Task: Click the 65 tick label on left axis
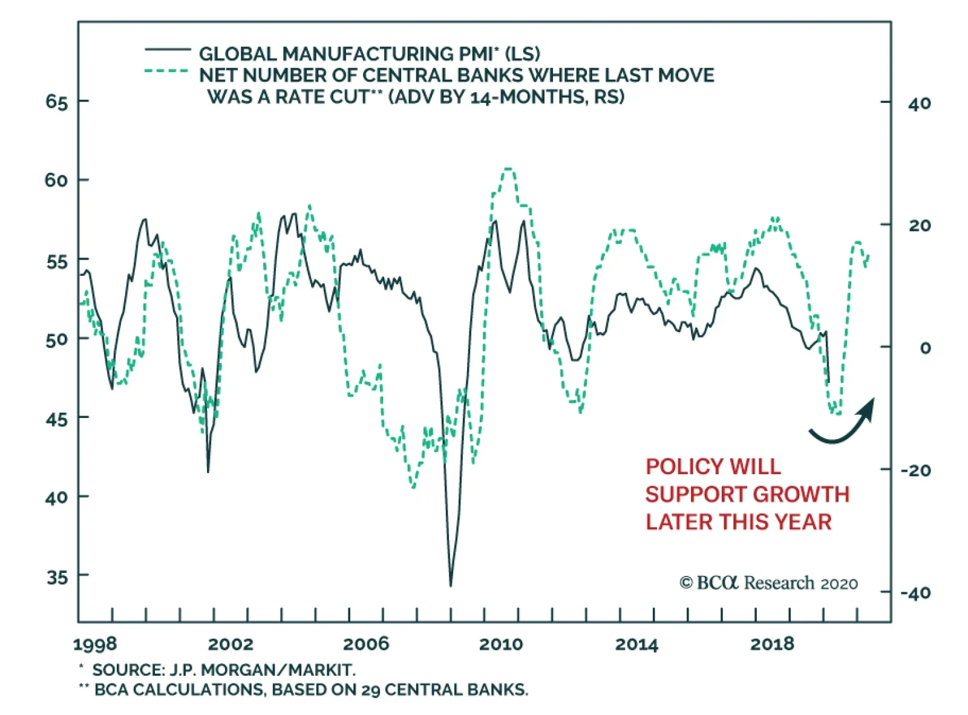coord(56,102)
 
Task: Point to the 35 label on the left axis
coord(56,576)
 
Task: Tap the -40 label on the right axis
coord(915,593)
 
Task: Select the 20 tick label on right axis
coord(919,226)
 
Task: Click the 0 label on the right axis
coord(925,348)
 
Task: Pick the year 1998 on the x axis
coord(95,644)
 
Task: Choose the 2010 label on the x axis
coord(501,644)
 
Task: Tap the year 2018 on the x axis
coord(772,644)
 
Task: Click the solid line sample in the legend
coord(168,49)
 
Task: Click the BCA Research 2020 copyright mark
coord(768,583)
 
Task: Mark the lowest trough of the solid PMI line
coord(451,585)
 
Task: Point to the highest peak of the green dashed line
coord(509,169)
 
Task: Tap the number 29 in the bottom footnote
coord(371,690)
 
